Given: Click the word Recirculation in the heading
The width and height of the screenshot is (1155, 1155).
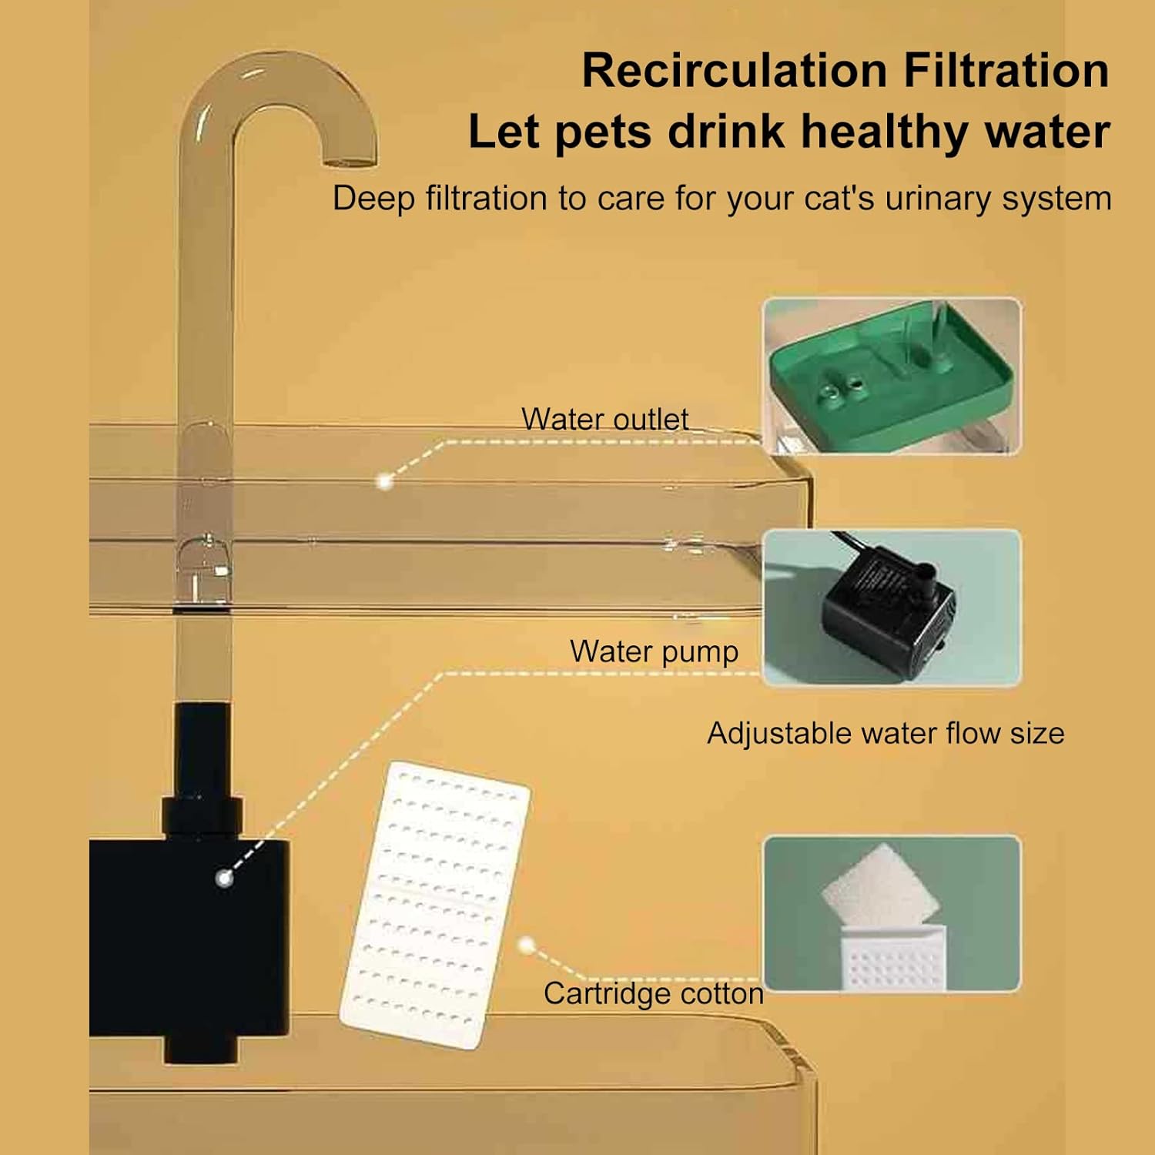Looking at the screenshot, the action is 735,71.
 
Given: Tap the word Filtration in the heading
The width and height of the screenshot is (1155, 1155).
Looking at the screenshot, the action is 1006,71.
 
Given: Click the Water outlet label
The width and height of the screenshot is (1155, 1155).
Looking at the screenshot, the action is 605,420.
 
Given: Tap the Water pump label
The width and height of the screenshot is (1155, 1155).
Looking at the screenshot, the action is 654,651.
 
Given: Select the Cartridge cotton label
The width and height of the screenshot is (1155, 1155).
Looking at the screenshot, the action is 654,993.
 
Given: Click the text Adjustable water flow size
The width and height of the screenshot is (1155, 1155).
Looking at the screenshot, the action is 885,734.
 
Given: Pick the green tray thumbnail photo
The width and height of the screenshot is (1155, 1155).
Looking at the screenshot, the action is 892,376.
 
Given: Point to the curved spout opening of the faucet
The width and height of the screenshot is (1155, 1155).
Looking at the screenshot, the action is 350,162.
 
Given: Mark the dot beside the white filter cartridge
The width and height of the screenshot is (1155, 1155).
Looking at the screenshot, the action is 527,945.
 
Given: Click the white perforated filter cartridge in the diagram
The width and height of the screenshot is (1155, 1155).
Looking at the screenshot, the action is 436,906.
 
